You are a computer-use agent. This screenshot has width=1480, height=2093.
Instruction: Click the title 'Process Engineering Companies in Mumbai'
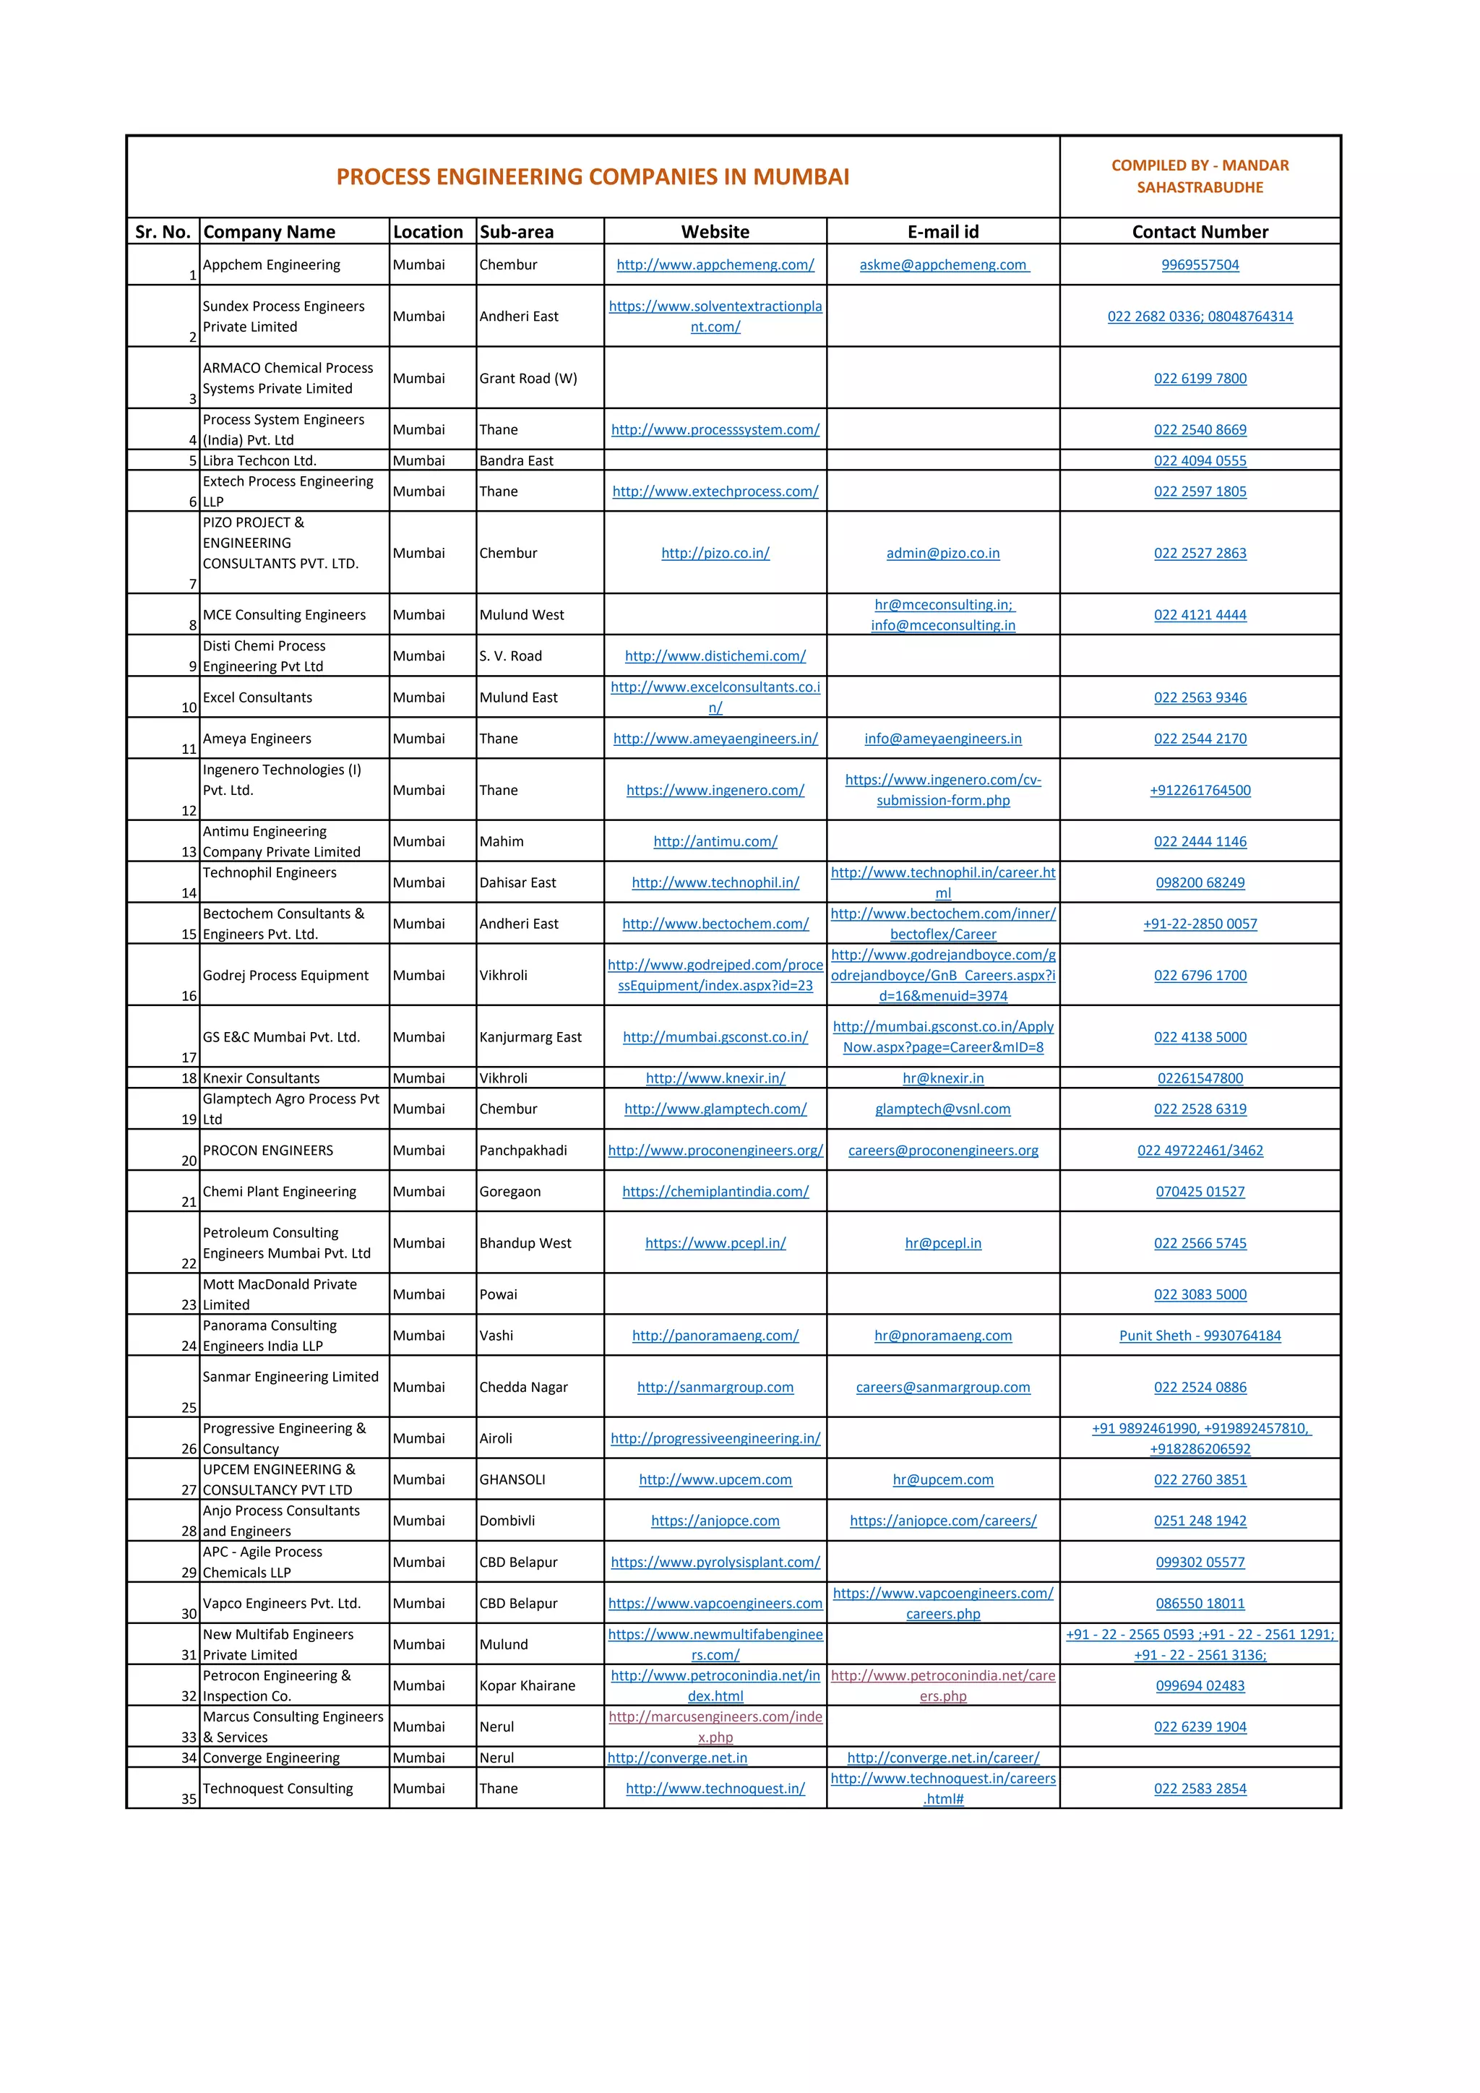[593, 177]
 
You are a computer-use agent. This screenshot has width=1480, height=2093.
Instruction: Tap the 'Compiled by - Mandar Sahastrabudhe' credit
[1200, 176]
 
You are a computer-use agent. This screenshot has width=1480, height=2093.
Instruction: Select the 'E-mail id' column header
[942, 231]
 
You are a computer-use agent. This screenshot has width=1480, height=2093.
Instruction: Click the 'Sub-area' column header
[517, 231]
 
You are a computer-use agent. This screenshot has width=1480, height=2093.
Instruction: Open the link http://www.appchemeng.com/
[715, 265]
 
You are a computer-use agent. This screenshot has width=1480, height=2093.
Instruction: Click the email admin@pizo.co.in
[942, 554]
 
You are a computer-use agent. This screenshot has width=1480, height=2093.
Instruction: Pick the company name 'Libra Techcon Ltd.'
[259, 460]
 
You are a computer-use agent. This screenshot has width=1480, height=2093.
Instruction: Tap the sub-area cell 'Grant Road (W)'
[528, 378]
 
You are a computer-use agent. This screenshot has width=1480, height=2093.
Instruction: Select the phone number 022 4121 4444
[1200, 614]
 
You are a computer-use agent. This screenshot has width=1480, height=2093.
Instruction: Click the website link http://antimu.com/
[715, 841]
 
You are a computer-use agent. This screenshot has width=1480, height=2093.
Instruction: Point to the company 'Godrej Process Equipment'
[286, 976]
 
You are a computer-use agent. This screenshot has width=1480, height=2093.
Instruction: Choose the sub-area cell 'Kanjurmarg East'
[530, 1036]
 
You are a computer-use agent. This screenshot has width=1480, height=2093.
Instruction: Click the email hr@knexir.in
[942, 1078]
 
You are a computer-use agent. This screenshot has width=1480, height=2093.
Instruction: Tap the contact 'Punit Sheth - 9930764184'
[1200, 1336]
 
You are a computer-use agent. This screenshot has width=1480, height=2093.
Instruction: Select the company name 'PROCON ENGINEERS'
[268, 1151]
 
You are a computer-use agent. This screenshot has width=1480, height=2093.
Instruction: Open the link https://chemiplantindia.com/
[715, 1192]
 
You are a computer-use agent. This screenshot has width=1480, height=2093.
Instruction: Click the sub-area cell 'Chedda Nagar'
[524, 1386]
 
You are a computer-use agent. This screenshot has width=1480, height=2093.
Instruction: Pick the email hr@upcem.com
[942, 1479]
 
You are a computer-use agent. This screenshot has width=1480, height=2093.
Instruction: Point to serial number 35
[189, 1799]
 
